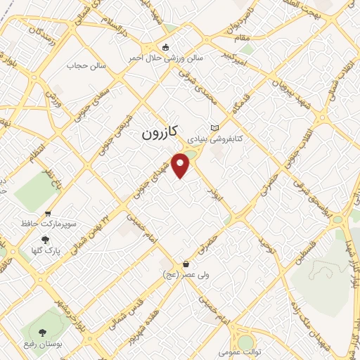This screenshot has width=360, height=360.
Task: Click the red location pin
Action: pyautogui.click(x=181, y=165)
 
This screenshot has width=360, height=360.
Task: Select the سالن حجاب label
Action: pyautogui.click(x=86, y=65)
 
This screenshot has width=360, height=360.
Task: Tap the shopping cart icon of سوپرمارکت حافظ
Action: pyautogui.click(x=47, y=214)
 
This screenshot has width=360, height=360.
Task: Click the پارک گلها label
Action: pyautogui.click(x=48, y=250)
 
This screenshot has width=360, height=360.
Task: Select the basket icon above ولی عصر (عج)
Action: pyautogui.click(x=186, y=264)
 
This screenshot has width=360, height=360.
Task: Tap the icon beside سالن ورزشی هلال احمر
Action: pyautogui.click(x=165, y=48)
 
